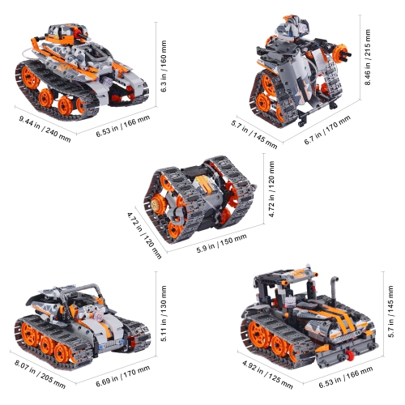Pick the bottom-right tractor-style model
tap(312, 320)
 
